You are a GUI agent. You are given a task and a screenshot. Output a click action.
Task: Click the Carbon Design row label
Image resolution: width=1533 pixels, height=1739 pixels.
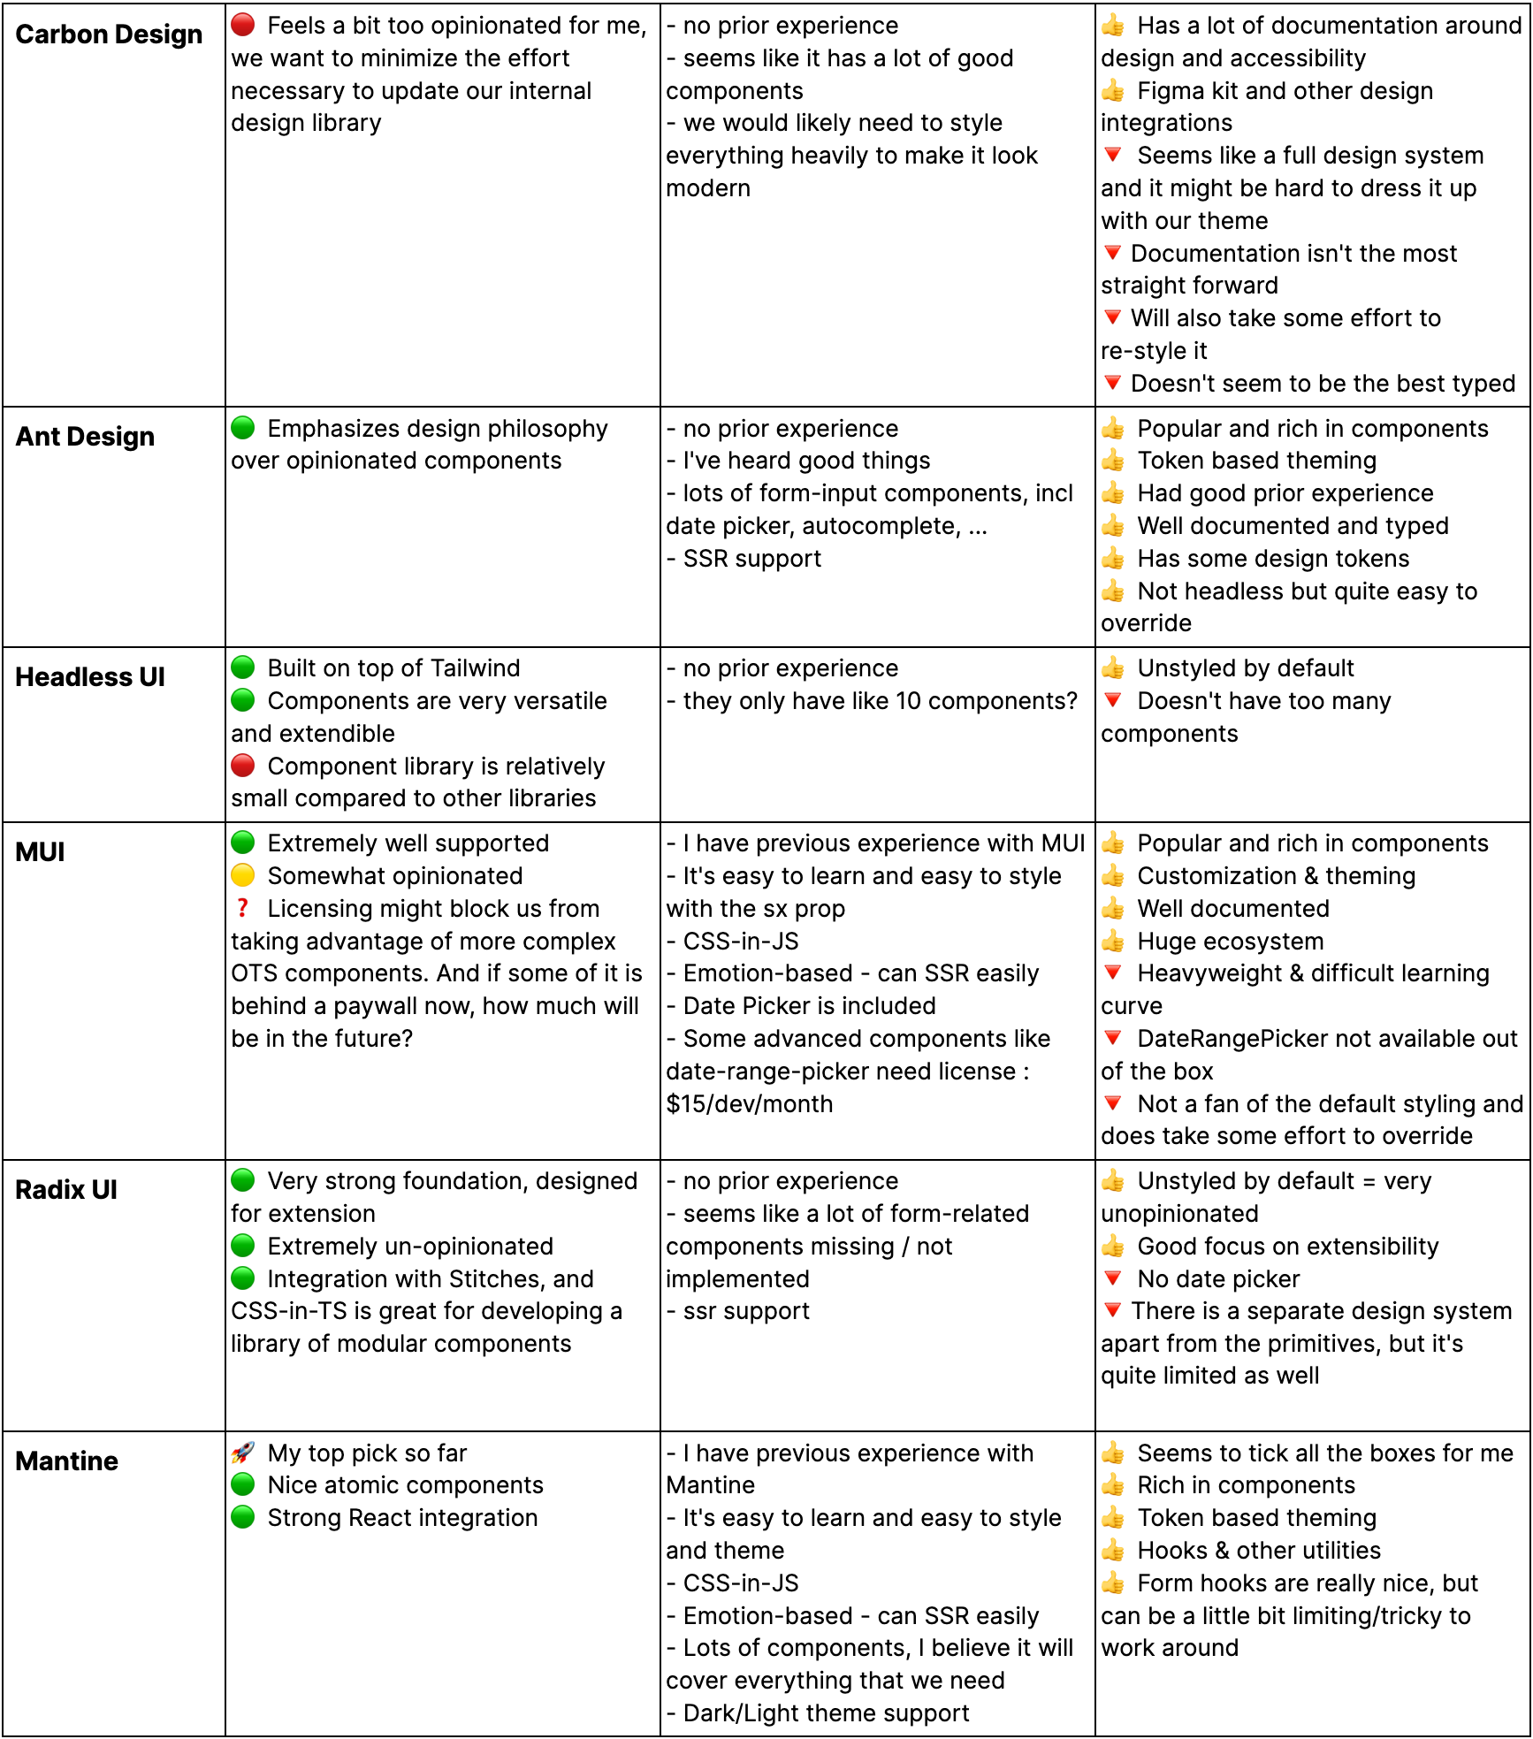[x=109, y=34]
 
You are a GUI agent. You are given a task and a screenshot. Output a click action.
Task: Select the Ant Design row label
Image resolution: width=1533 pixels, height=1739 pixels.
[x=85, y=437]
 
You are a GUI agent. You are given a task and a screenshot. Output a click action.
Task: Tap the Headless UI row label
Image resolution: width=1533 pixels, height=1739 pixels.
[x=90, y=677]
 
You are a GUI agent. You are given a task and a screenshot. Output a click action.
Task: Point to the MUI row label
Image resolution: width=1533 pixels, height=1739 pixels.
[x=41, y=852]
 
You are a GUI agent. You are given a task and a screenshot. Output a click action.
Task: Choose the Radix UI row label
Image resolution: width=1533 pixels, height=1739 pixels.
[x=66, y=1190]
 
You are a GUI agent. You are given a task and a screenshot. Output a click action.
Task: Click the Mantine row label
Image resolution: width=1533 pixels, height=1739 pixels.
[x=67, y=1461]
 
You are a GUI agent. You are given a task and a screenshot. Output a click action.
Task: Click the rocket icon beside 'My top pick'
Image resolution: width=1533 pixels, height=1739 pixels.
[x=243, y=1453]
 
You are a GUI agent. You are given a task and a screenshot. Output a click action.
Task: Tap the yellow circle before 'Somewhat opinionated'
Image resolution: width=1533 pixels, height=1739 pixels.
[x=243, y=875]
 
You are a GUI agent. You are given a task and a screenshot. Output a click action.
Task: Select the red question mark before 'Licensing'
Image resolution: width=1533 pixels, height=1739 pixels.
[x=242, y=908]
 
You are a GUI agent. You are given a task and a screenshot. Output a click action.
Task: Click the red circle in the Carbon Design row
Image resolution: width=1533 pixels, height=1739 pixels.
[x=243, y=25]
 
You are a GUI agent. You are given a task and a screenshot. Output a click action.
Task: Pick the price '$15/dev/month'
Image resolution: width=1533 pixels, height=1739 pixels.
[x=750, y=1104]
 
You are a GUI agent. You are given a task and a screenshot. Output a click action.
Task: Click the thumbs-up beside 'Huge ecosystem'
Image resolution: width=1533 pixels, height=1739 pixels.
[x=1113, y=941]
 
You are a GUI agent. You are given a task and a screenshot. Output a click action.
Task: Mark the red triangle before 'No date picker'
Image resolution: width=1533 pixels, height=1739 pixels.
[x=1113, y=1278]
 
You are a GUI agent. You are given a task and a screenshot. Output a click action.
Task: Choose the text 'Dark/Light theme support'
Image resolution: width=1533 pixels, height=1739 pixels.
[x=826, y=1713]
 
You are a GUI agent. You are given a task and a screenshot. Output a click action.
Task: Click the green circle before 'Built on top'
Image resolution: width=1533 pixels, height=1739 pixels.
[x=243, y=667]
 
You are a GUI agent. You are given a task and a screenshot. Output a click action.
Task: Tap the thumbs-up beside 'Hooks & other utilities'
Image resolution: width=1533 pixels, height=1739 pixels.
[x=1113, y=1550]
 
